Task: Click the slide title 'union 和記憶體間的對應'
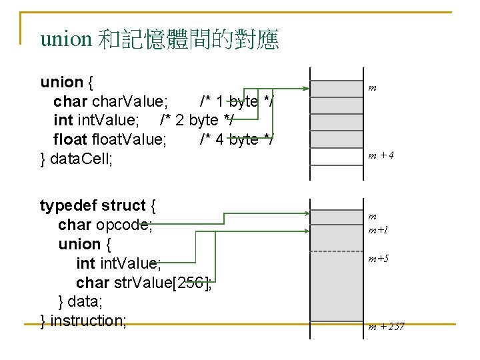(159, 40)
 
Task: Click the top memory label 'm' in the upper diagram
(373, 87)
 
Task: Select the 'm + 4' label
(381, 155)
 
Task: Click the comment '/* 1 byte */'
(237, 101)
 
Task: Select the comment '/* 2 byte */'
(197, 121)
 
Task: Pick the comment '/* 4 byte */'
(237, 139)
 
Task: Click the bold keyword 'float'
(71, 139)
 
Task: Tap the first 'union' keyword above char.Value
(61, 82)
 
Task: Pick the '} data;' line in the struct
(81, 301)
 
